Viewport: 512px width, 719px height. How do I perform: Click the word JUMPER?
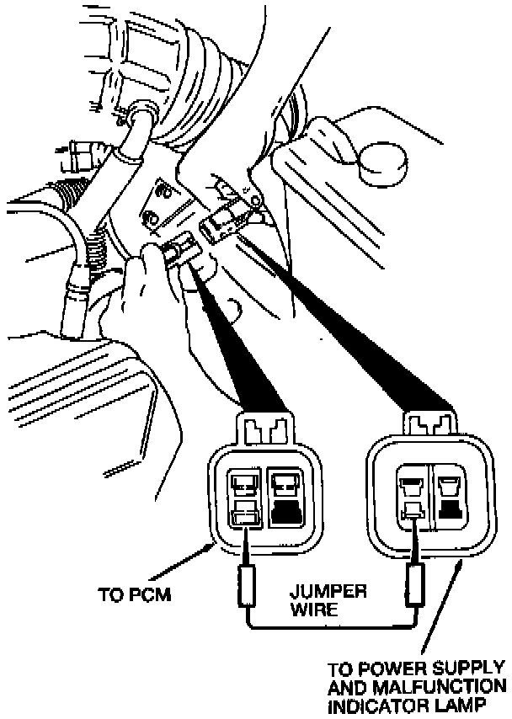331,591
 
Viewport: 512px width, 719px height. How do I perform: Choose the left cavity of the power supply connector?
412,497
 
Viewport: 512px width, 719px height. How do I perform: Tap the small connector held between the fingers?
179,250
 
